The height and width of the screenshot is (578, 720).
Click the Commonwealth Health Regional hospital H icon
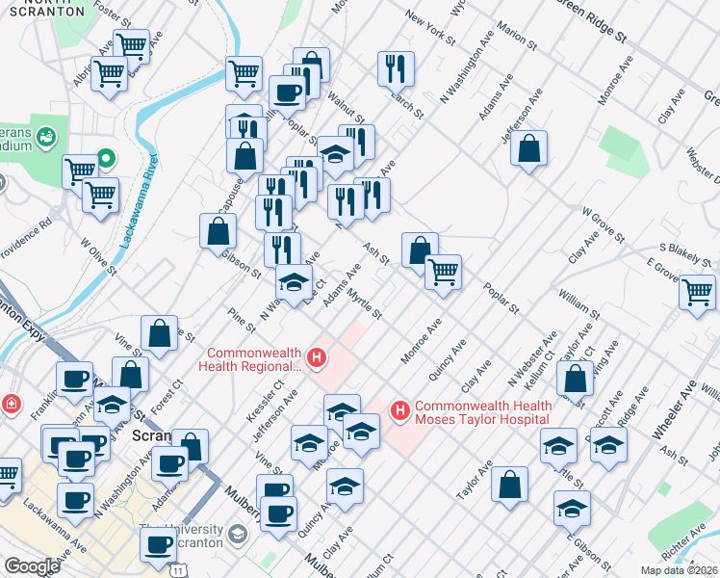318,360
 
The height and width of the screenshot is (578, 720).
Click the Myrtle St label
365,303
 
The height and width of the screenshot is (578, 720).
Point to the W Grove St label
604,225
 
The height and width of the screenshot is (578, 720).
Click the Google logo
32,566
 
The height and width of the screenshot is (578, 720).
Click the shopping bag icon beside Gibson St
219,230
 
